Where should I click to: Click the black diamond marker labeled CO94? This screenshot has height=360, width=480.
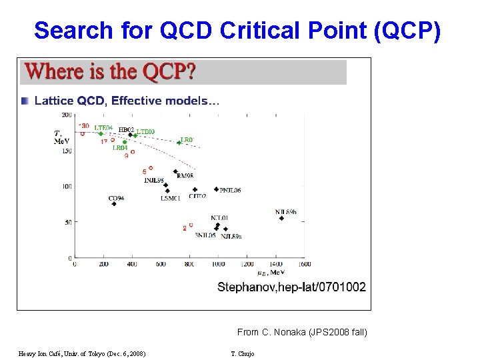tap(114, 204)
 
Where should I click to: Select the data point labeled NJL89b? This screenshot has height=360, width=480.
tap(281, 218)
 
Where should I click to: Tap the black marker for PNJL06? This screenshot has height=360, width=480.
tap(215, 190)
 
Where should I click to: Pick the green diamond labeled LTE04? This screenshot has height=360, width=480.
tap(101, 133)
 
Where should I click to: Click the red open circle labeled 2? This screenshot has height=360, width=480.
tap(191, 227)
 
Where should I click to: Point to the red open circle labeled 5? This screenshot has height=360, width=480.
tap(151, 168)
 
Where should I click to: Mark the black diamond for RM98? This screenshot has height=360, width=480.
tap(175, 171)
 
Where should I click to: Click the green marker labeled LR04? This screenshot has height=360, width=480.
tap(125, 142)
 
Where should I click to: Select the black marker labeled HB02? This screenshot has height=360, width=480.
tap(130, 135)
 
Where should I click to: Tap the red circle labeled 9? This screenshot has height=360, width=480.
tap(133, 152)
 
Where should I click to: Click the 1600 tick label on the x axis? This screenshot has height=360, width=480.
tap(304, 264)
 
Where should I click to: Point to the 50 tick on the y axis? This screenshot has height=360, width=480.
tap(67, 222)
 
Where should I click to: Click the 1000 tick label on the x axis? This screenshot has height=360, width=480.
tap(218, 264)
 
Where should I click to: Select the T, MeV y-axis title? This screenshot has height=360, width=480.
tap(61, 137)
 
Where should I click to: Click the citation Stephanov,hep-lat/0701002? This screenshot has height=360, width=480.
tap(291, 287)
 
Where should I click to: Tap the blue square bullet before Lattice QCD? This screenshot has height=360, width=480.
tap(25, 101)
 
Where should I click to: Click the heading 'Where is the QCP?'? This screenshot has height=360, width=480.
tap(110, 71)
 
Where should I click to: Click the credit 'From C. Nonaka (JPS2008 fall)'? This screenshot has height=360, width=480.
tap(301, 332)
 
